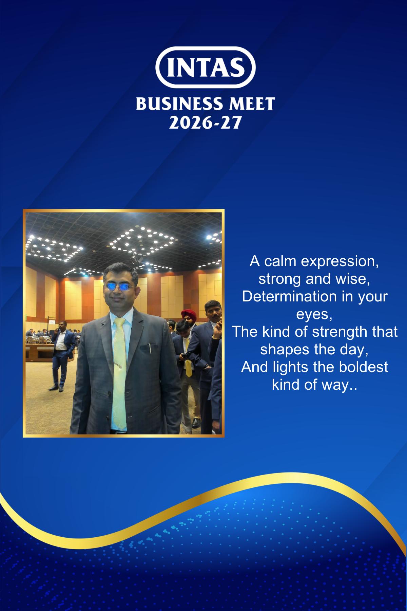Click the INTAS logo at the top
[x=205, y=68]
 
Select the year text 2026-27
[x=205, y=123]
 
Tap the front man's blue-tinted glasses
[x=120, y=287]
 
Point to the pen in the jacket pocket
[x=150, y=348]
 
